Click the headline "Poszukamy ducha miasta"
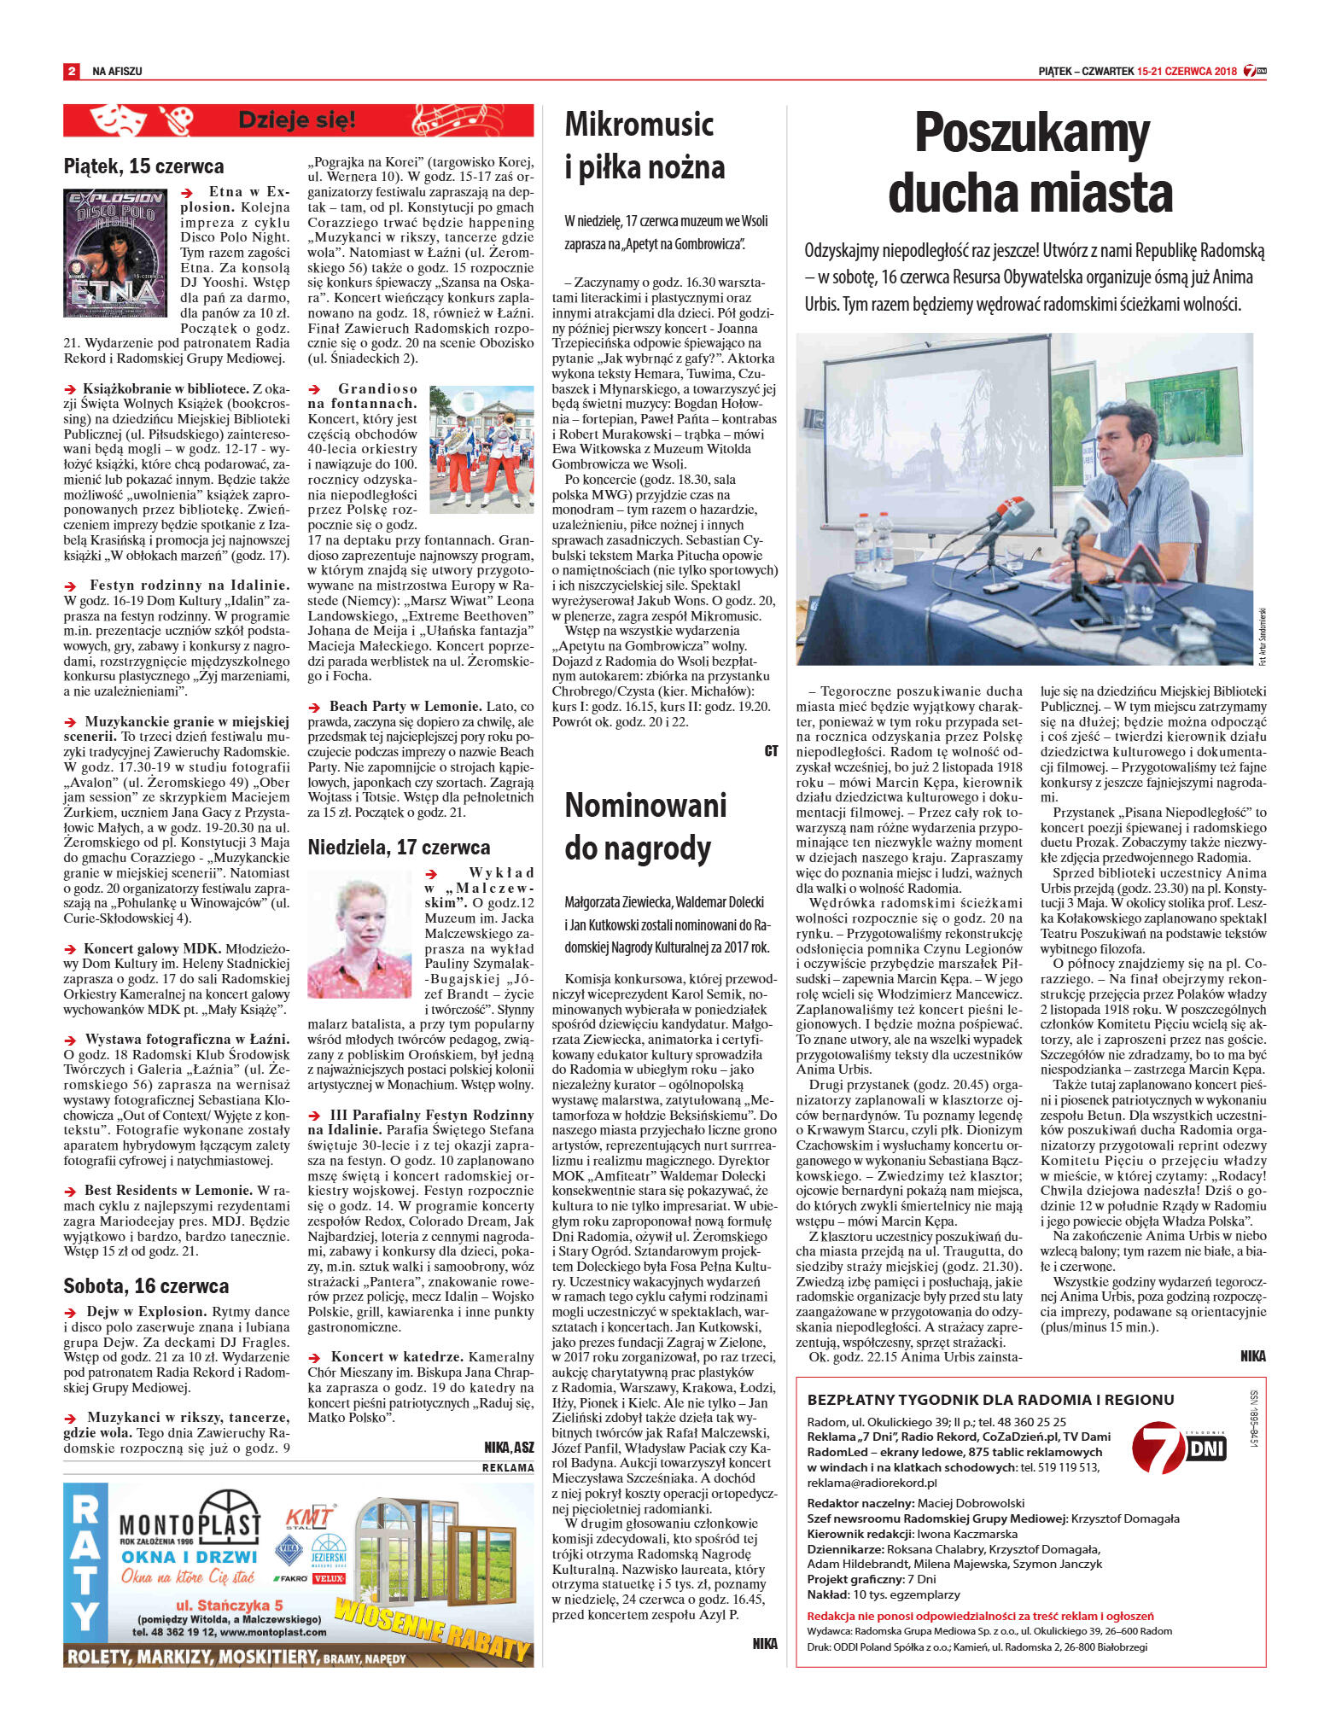pos(1031,162)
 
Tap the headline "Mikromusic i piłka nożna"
pos(645,146)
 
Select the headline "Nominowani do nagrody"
pos(645,826)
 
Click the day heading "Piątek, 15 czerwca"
pos(143,166)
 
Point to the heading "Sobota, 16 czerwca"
pos(146,1285)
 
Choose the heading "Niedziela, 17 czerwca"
pos(399,847)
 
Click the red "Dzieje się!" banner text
pos(296,120)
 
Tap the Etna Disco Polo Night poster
pos(115,254)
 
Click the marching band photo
pos(481,449)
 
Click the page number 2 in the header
pos(71,72)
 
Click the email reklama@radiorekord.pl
pos(872,1483)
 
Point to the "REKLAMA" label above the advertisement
pos(508,1467)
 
